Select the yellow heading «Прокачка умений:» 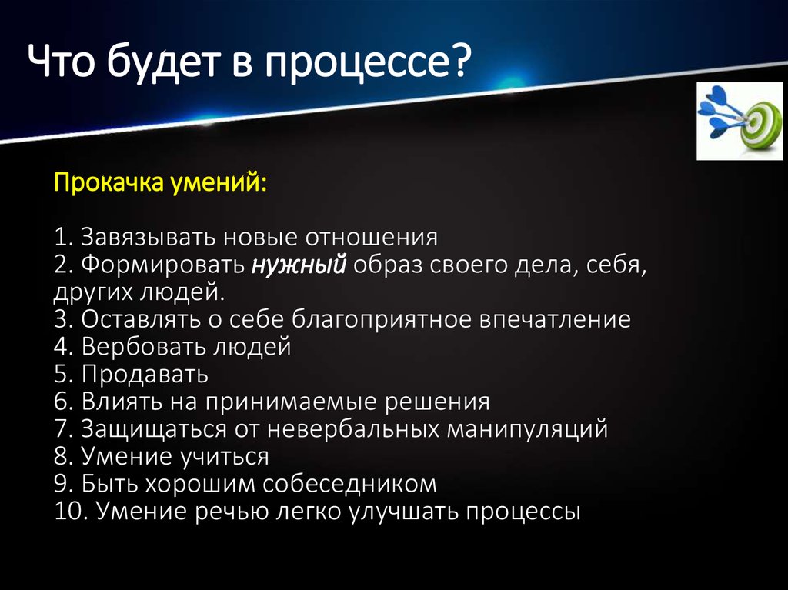(x=161, y=184)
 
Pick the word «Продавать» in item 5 (x=143, y=375)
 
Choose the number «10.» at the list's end (x=72, y=512)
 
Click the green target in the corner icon (x=755, y=123)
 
